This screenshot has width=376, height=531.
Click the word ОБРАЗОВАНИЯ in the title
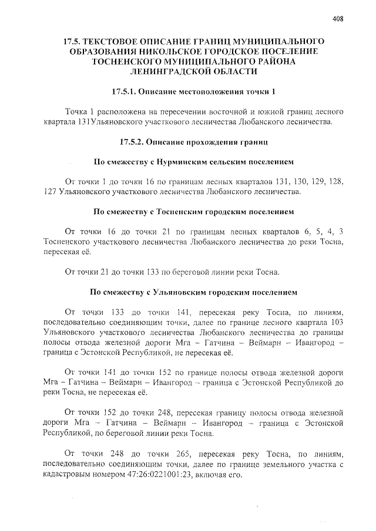click(135, 51)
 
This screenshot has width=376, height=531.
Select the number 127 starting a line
click(51, 191)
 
